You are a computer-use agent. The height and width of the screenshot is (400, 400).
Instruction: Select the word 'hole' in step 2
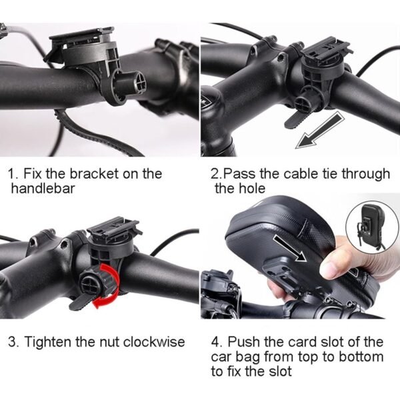pos(251,189)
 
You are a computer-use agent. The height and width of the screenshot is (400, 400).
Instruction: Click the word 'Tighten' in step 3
pos(47,342)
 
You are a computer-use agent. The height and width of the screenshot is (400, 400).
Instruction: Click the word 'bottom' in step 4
pos(361,357)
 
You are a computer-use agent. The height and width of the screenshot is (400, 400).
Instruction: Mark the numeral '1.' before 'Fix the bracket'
pos(13,174)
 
